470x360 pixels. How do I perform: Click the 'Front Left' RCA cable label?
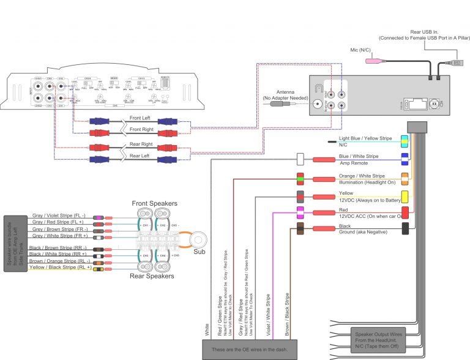140,118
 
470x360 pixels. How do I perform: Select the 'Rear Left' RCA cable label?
140,156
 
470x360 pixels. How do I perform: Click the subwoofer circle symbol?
200,238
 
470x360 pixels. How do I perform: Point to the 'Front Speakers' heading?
154,203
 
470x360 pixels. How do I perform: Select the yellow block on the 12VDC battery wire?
405,197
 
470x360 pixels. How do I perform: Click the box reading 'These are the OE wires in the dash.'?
253,350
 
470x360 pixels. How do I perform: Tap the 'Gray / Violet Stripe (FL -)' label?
58,217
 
